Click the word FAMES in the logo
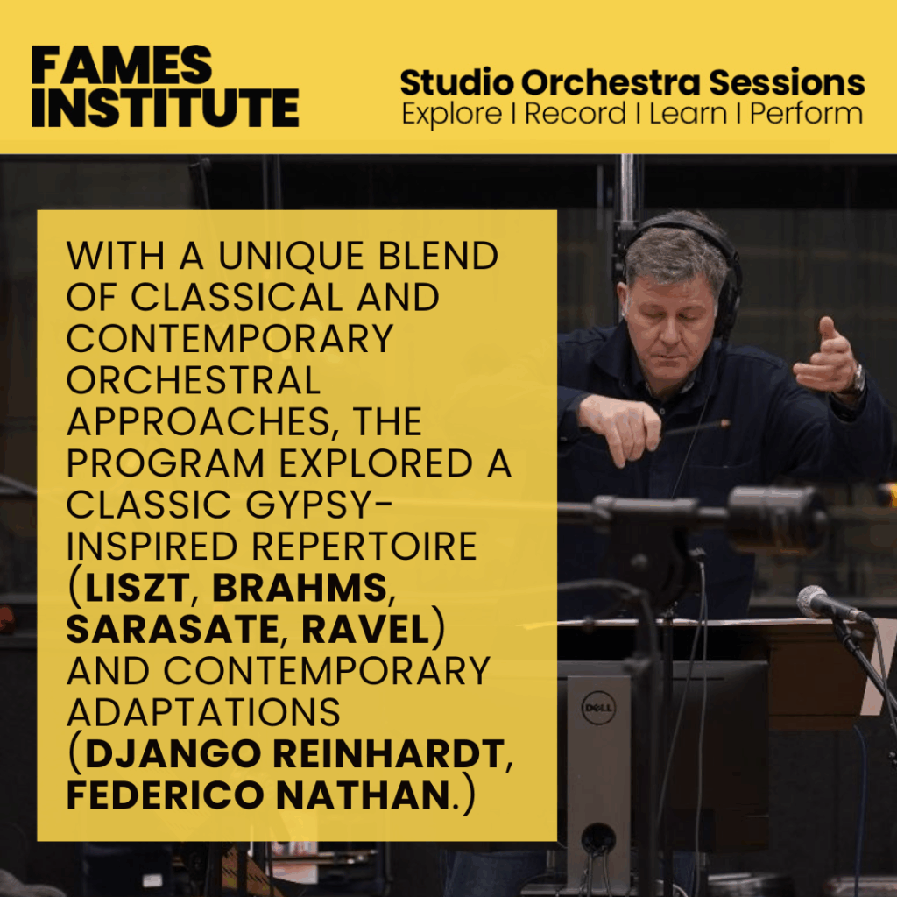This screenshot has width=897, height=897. [x=122, y=65]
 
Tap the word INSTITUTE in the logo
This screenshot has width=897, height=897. [x=166, y=108]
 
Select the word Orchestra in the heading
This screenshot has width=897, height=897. [x=611, y=82]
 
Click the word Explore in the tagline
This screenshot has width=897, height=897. [x=452, y=114]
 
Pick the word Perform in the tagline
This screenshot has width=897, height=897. [x=807, y=113]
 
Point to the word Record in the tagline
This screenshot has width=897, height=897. [x=575, y=113]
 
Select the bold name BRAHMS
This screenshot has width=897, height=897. [x=300, y=587]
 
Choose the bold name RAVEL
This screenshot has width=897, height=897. [x=365, y=629]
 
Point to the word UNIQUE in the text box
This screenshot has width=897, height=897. [x=292, y=255]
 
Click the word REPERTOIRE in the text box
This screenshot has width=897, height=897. [x=364, y=546]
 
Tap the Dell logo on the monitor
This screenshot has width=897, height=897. [x=597, y=708]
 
